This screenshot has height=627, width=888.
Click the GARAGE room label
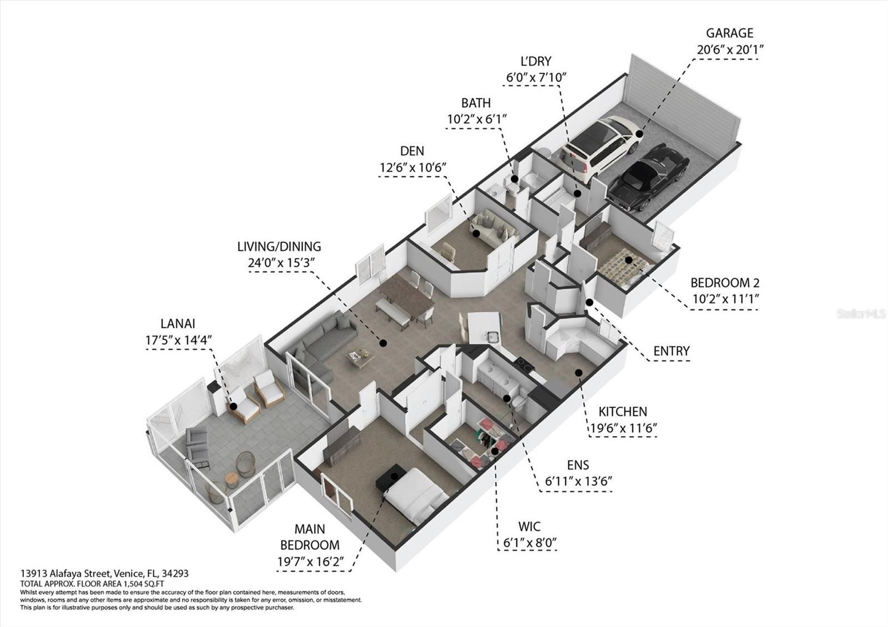click(x=729, y=33)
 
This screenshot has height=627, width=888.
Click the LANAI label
click(x=178, y=324)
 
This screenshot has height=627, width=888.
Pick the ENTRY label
click(x=672, y=351)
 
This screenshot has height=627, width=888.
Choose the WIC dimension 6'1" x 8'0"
click(x=530, y=543)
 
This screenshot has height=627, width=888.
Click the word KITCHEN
click(x=623, y=412)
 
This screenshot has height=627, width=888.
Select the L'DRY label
click(x=536, y=62)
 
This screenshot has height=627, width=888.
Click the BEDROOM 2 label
click(x=725, y=283)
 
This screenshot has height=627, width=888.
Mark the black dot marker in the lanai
click(x=234, y=407)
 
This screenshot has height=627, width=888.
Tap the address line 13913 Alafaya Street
click(x=104, y=574)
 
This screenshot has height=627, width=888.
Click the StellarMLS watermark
click(x=860, y=314)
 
